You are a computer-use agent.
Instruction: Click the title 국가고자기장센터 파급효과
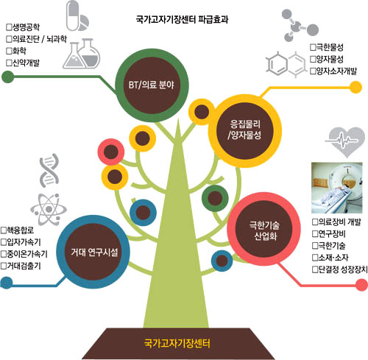coord(182,19)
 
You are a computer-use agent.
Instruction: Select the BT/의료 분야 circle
coord(152,85)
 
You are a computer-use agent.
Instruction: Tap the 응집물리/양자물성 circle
coord(245,130)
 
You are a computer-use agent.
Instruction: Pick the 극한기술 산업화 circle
coord(263,229)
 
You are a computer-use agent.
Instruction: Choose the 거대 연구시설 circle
coord(93,252)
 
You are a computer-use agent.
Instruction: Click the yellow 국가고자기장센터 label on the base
coord(177,343)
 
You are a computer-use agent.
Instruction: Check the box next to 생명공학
coord(9,27)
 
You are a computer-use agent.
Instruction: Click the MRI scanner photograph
coord(336,188)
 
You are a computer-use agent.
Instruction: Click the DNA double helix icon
coord(49,171)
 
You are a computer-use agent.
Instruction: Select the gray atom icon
coord(49,209)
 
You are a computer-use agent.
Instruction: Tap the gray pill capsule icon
coord(73,15)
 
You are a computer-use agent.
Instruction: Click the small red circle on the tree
coord(111,152)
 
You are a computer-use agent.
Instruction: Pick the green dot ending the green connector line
coord(7,77)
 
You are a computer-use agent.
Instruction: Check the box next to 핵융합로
coord(4,230)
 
